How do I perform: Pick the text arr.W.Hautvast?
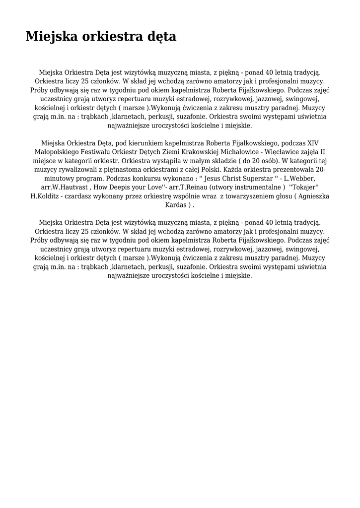coord(65,188)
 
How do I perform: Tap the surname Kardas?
coord(177,205)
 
